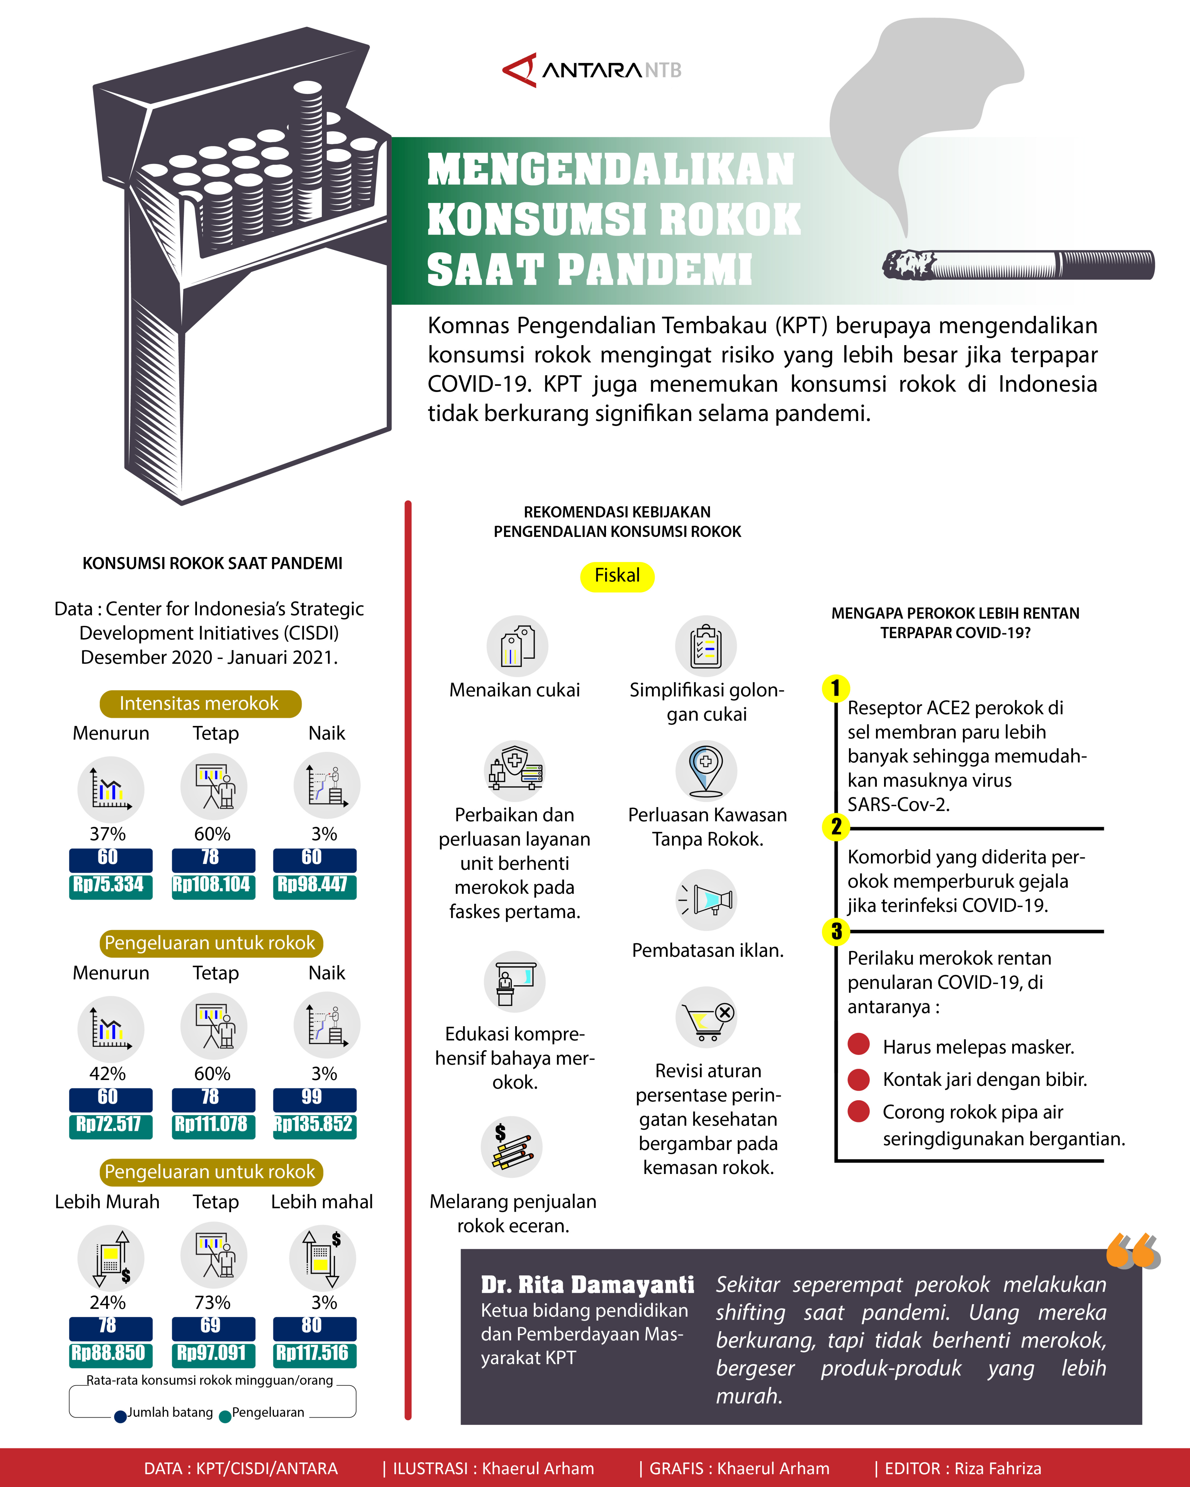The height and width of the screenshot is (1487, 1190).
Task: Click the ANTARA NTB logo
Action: tap(592, 70)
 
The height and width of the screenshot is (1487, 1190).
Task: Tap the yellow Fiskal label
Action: tap(617, 576)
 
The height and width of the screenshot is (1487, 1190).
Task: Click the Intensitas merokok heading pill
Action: tap(200, 704)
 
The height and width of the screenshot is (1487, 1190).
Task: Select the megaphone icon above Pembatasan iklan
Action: tap(706, 899)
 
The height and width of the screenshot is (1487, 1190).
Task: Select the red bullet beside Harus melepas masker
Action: tap(859, 1044)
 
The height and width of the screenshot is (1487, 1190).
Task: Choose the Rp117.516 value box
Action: tap(314, 1354)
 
